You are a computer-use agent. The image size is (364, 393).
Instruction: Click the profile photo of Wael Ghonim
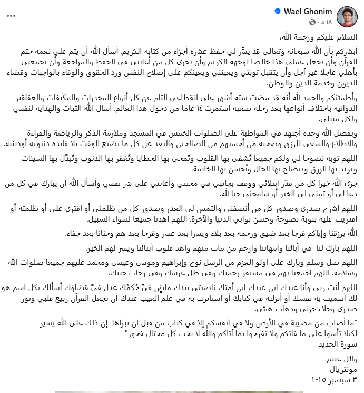coord(347,16)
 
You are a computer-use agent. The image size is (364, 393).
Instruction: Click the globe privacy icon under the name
coord(309,21)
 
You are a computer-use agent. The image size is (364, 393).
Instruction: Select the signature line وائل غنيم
coord(345,360)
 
